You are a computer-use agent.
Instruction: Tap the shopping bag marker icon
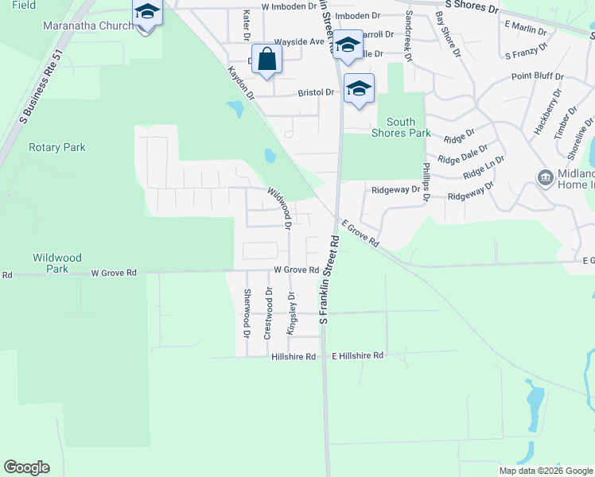(267, 60)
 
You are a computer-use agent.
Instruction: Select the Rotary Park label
(56, 147)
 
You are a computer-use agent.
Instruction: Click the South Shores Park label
(401, 127)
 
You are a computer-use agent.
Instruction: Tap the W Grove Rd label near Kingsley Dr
(296, 270)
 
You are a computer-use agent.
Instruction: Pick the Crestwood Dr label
(269, 313)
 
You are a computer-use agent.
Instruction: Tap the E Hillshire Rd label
(357, 355)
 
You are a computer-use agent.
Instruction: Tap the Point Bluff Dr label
(537, 76)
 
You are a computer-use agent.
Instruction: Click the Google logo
(26, 467)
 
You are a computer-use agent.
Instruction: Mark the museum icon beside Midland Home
(546, 176)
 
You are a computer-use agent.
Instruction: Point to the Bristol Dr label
(316, 92)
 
